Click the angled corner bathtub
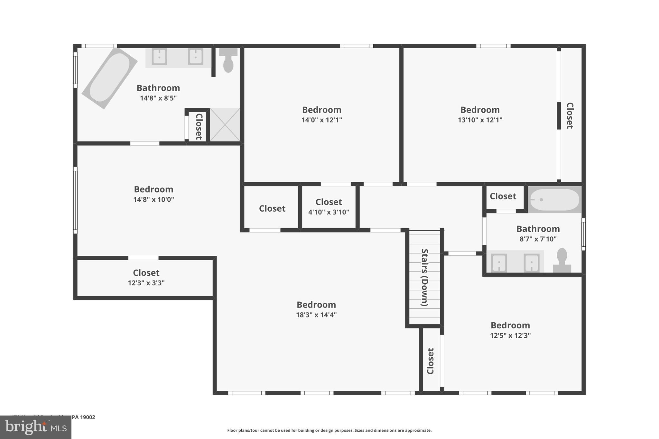[109, 78]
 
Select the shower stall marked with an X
[225, 125]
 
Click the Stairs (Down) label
[425, 277]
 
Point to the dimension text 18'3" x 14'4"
[316, 315]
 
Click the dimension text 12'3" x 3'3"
[146, 283]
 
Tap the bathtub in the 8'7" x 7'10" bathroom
[555, 200]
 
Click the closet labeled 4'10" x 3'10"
[329, 206]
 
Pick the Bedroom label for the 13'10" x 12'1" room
[480, 110]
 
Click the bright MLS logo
[36, 427]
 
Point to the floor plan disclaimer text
[329, 430]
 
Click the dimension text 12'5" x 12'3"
[510, 335]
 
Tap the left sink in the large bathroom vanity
[159, 57]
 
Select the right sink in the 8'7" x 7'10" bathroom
[531, 262]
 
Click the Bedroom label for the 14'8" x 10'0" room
[153, 189]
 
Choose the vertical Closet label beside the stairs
[431, 361]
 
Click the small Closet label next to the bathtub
[503, 196]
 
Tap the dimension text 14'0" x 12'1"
[321, 120]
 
